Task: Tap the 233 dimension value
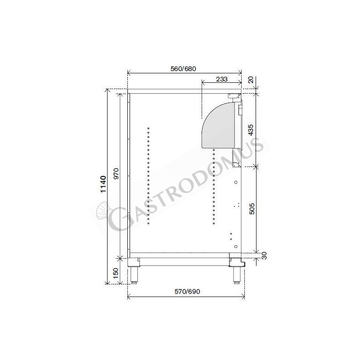tap(221, 79)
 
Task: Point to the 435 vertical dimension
tap(252, 130)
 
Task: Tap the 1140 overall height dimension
tap(103, 185)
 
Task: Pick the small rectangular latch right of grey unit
tap(240, 109)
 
